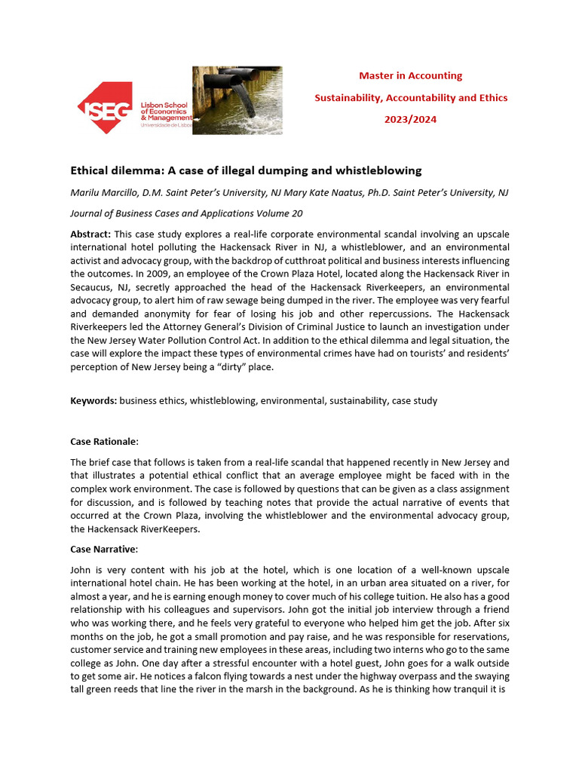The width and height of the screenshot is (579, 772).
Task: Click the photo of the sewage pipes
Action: pyautogui.click(x=237, y=100)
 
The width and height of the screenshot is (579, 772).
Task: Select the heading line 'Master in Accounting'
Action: pyautogui.click(x=410, y=75)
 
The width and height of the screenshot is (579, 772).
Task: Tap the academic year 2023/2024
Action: pyautogui.click(x=410, y=119)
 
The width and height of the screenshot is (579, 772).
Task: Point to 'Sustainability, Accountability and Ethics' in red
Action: pyautogui.click(x=410, y=97)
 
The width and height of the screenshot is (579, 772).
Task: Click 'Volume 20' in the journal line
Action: pyautogui.click(x=276, y=213)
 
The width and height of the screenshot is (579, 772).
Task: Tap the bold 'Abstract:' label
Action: pyautogui.click(x=90, y=234)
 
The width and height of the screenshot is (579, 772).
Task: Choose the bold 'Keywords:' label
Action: pyautogui.click(x=93, y=401)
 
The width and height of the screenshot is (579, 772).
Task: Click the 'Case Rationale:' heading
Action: pyautogui.click(x=105, y=441)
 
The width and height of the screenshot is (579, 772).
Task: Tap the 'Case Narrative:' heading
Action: pyautogui.click(x=105, y=549)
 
